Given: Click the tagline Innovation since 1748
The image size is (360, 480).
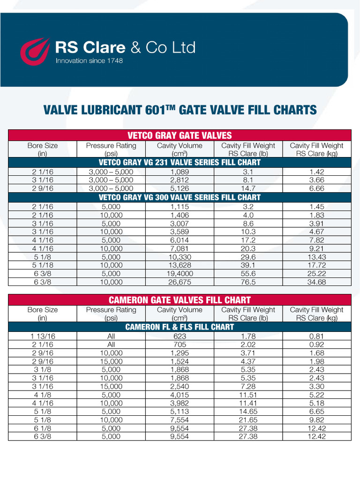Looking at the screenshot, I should pyautogui.click(x=89, y=61).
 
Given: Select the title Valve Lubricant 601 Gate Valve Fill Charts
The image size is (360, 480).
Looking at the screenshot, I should pyautogui.click(x=180, y=110).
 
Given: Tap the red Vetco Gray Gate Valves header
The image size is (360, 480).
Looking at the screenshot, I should pyautogui.click(x=180, y=135).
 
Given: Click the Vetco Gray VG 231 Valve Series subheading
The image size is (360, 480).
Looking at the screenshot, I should pyautogui.click(x=180, y=163).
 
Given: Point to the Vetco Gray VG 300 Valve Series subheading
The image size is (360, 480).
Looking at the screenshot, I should pyautogui.click(x=180, y=197).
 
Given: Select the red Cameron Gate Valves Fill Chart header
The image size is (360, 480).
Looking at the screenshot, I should pyautogui.click(x=180, y=300).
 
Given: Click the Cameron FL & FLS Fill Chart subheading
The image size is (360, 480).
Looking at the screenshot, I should pyautogui.click(x=180, y=327).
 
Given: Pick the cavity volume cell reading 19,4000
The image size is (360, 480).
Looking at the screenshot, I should pyautogui.click(x=180, y=274).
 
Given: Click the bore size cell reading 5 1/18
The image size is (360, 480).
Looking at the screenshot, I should pyautogui.click(x=43, y=265).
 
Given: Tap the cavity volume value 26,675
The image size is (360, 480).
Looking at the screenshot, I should pyautogui.click(x=180, y=282).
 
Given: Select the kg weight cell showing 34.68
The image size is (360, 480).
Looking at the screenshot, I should pyautogui.click(x=316, y=282).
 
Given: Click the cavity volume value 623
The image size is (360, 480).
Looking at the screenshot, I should pyautogui.click(x=180, y=336).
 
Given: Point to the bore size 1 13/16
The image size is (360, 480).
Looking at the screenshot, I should pyautogui.click(x=43, y=336).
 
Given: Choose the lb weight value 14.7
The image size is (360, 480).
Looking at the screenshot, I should pyautogui.click(x=248, y=188).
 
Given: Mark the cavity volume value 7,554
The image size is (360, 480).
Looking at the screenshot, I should pyautogui.click(x=180, y=420).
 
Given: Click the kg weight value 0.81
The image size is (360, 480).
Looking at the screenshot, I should pyautogui.click(x=316, y=336).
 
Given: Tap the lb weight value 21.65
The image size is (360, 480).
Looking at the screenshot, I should pyautogui.click(x=248, y=420).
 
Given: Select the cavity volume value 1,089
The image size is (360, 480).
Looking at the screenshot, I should pyautogui.click(x=180, y=172).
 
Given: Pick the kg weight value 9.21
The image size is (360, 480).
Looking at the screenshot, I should pyautogui.click(x=316, y=248).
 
